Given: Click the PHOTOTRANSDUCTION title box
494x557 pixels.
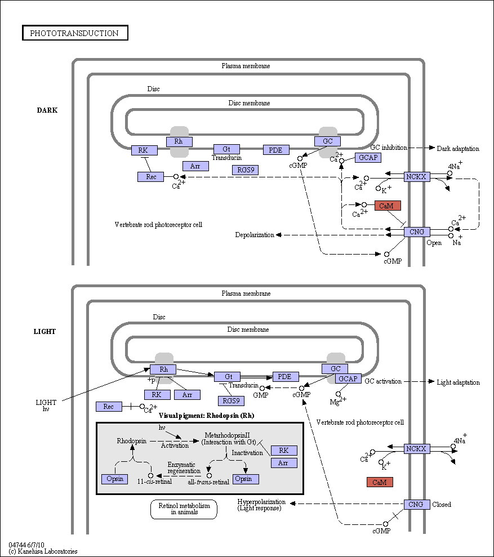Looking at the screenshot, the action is (x=75, y=33).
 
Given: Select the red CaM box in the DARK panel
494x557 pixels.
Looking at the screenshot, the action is (x=388, y=206).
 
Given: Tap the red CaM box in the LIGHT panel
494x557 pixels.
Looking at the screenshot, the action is (x=380, y=482).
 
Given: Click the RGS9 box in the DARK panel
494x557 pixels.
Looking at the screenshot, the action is (x=245, y=170).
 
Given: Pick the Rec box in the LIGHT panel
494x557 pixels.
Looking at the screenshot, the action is (x=109, y=407).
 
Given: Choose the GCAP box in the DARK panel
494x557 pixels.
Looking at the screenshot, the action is (x=368, y=157).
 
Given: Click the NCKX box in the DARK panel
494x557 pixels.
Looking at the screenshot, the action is (x=416, y=176).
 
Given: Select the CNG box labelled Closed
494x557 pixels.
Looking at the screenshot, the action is (x=416, y=505).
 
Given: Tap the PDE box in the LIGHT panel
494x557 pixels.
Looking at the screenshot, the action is (x=286, y=377).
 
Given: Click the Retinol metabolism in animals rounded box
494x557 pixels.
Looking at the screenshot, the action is (x=184, y=509).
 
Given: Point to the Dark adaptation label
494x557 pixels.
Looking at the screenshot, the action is (x=458, y=149).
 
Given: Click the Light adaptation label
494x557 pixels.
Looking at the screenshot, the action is (x=458, y=382).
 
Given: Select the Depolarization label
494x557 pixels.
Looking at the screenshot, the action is (x=255, y=235).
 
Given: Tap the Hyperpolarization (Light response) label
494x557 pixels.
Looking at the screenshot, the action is (x=261, y=505).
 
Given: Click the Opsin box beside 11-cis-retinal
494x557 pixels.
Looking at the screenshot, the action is (x=115, y=479).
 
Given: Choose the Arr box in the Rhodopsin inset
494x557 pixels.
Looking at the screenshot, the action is (x=284, y=463).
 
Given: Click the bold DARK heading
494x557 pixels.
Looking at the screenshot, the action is (x=47, y=110).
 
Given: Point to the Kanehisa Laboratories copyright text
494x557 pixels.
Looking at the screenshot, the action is (x=43, y=551).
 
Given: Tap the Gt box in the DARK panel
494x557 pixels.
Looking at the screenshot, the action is (x=227, y=149).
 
